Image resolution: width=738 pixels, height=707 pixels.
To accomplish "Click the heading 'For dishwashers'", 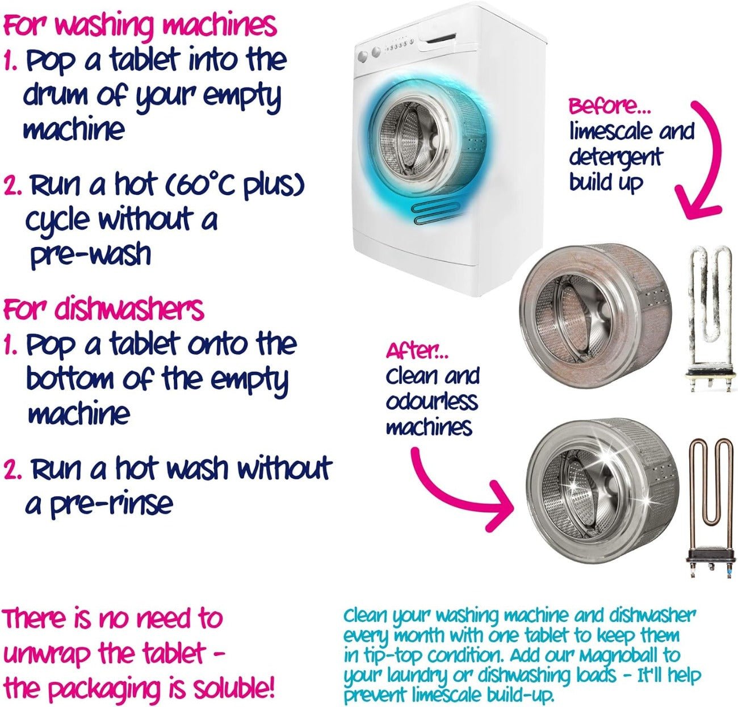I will pyautogui.click(x=103, y=309).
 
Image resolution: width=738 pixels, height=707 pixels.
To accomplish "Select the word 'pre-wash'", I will pyautogui.click(x=91, y=255).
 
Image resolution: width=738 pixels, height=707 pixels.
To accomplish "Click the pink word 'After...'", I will pyautogui.click(x=417, y=352).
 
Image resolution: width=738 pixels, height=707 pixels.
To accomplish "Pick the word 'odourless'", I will pyautogui.click(x=432, y=402).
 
